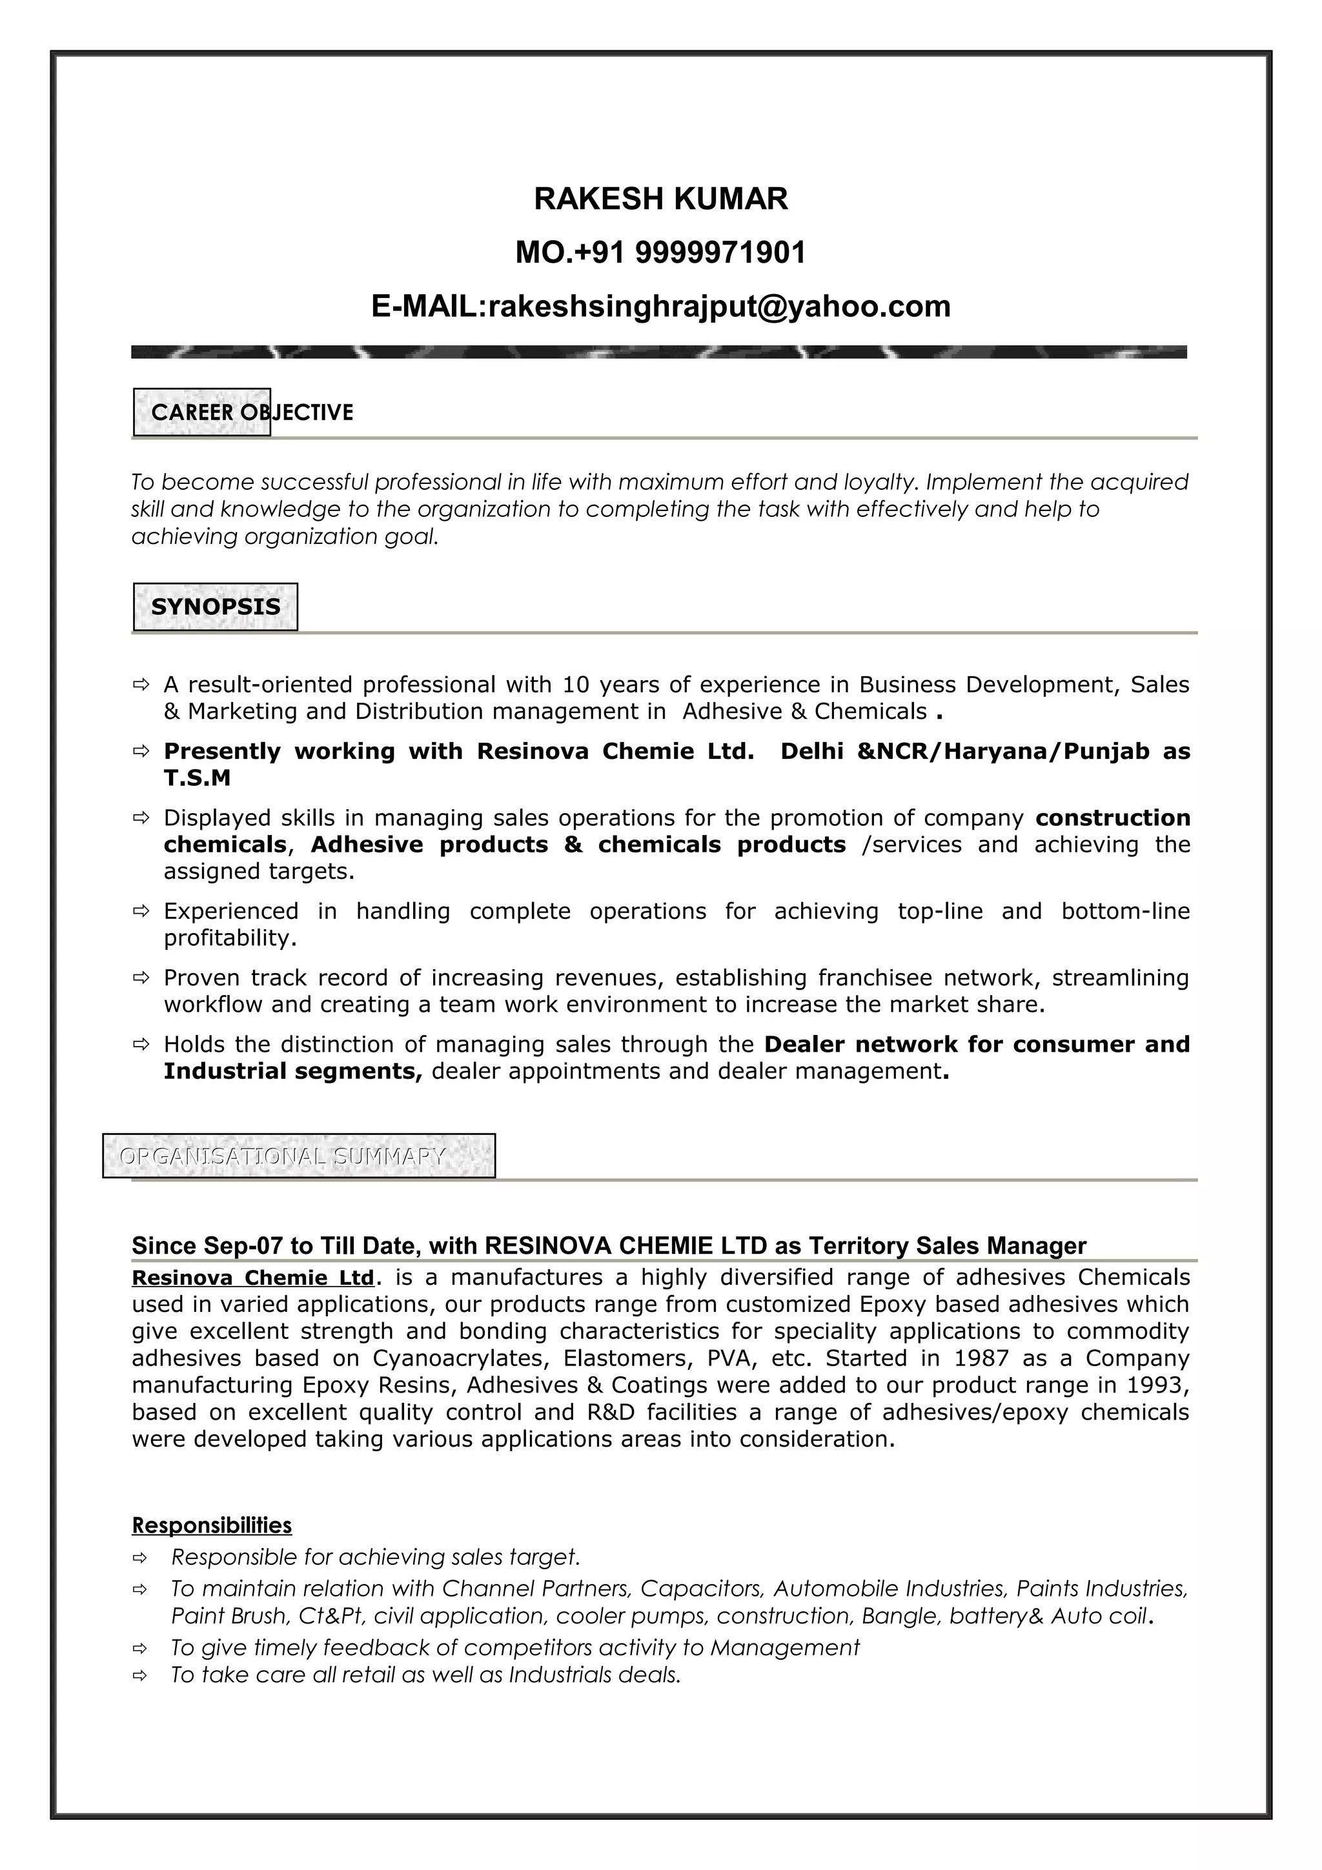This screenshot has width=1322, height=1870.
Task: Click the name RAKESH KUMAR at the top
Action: pyautogui.click(x=660, y=199)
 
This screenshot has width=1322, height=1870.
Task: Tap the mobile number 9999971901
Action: pyautogui.click(x=719, y=252)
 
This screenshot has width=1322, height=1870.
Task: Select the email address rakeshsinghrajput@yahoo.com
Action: pyautogui.click(x=719, y=307)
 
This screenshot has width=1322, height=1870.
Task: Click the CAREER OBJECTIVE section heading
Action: pyautogui.click(x=252, y=412)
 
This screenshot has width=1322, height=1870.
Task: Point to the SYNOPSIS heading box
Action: pyautogui.click(x=215, y=607)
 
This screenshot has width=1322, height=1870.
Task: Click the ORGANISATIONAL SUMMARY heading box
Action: pyautogui.click(x=298, y=1156)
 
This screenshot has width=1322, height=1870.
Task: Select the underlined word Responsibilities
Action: pyautogui.click(x=212, y=1525)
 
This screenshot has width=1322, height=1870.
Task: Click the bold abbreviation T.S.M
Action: pyautogui.click(x=197, y=778)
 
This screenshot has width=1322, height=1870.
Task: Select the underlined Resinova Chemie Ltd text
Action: pyautogui.click(x=252, y=1277)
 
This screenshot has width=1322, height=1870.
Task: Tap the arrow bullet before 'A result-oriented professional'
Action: pyautogui.click(x=140, y=684)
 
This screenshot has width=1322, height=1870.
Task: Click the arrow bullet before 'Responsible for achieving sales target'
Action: pyautogui.click(x=140, y=1558)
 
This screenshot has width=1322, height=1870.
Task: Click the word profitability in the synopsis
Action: pyautogui.click(x=230, y=938)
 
